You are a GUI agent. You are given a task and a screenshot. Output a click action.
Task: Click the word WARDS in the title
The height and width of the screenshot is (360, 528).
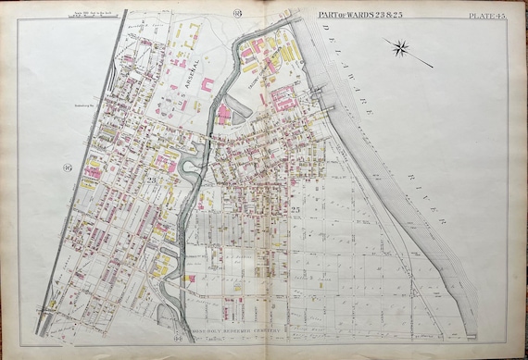(x=355, y=12)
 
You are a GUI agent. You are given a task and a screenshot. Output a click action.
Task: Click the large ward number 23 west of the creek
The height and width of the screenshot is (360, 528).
(x=151, y=179)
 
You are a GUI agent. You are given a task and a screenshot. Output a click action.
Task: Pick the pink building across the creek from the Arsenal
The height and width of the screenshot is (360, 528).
(x=224, y=114)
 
